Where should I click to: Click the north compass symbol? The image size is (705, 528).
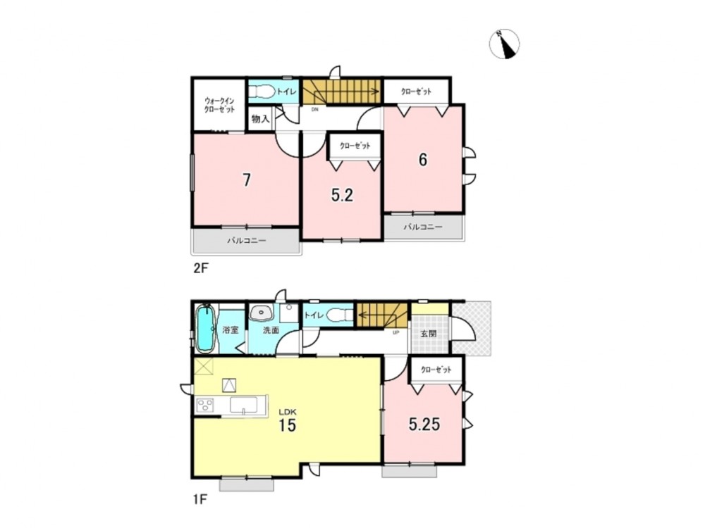pos(504,44)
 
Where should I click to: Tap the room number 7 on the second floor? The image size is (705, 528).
pos(246,180)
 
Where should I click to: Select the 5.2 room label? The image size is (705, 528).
pos(342,195)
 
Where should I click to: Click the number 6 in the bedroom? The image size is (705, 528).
pos(422,159)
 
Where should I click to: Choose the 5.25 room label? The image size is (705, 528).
pos(424,425)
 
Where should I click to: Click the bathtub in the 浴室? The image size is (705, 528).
pos(207,328)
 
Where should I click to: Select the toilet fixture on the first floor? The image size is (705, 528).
pos(340,315)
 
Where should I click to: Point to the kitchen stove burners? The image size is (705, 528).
pos(204,406)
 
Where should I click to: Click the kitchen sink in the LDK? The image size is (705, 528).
pos(243,405)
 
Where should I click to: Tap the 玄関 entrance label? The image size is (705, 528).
pos(428,334)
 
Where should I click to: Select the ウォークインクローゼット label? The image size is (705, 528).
pos(219,105)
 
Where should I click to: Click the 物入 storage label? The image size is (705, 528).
pos(260,119)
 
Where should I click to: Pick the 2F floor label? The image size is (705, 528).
pos(200,268)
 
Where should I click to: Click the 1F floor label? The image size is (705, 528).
pos(200,498)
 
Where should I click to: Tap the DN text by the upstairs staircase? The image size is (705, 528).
pos(314,108)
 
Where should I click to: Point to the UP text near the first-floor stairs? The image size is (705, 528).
pos(396,333)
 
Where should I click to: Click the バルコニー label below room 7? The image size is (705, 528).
pos(246,241)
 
